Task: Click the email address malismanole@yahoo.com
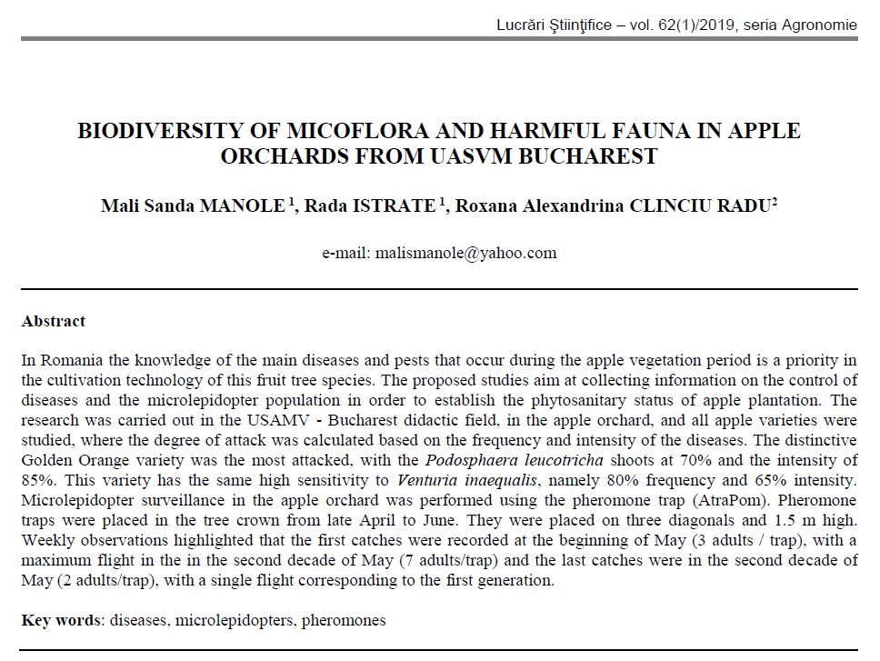pyautogui.click(x=439, y=254)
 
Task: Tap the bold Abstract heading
pyautogui.click(x=54, y=321)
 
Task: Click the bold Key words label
pyautogui.click(x=61, y=621)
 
